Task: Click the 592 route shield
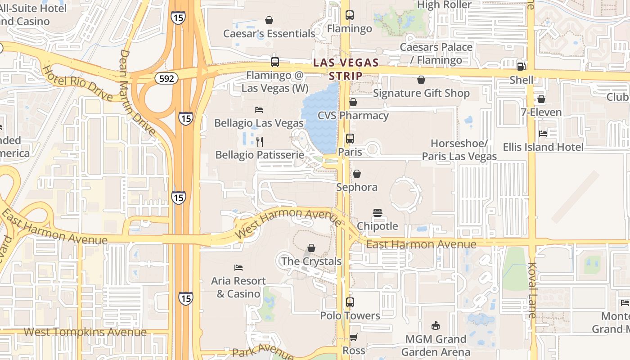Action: point(166,78)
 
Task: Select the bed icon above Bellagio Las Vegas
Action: point(259,109)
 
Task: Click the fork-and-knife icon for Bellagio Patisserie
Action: point(259,142)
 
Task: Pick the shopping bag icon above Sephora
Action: point(357,174)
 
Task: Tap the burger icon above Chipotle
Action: point(377,212)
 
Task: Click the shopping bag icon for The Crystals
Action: point(311,248)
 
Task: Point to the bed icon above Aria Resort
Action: point(238,268)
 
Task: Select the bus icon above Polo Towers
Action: point(350,302)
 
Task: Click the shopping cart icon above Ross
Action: point(354,337)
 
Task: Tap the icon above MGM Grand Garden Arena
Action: point(435,325)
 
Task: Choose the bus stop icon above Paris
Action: point(350,139)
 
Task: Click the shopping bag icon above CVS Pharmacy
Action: point(353,102)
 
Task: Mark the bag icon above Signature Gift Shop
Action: point(421,80)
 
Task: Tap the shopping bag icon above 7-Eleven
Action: point(541,99)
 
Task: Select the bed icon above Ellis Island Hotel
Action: point(543,134)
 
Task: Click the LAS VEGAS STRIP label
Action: point(346,69)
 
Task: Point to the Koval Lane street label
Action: point(532,290)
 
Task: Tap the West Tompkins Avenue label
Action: point(85,332)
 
